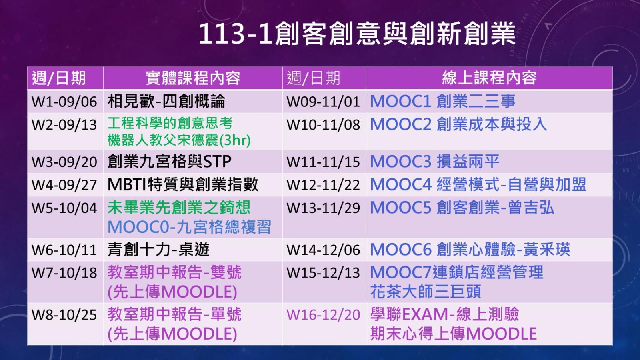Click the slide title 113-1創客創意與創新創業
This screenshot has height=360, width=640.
tap(357, 34)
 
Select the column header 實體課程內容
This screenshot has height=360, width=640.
tap(193, 78)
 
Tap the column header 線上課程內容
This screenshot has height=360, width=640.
tap(489, 78)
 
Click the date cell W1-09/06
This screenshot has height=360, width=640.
tap(64, 102)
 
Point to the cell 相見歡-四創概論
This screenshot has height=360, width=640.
tap(166, 102)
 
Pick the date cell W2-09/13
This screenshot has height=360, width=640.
tap(64, 125)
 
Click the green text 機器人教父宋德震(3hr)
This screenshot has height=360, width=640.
tap(179, 140)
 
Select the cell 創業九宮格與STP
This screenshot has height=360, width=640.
tap(170, 162)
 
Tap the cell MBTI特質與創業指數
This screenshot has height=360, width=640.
tap(183, 184)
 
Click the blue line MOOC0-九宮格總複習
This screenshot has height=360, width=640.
tap(189, 227)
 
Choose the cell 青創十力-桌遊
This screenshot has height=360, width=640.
tap(158, 250)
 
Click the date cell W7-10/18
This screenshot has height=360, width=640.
tap(64, 273)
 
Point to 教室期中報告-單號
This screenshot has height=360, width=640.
tap(174, 314)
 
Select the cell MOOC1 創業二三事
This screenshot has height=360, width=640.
tap(443, 102)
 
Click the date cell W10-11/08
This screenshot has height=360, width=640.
tap(323, 125)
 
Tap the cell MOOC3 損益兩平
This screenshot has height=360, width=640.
tap(435, 162)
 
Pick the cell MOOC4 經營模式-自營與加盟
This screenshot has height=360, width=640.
tap(478, 184)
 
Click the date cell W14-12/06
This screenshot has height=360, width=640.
tap(323, 250)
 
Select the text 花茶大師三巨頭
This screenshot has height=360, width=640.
tap(426, 292)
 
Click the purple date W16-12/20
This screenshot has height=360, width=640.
tap(323, 315)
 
